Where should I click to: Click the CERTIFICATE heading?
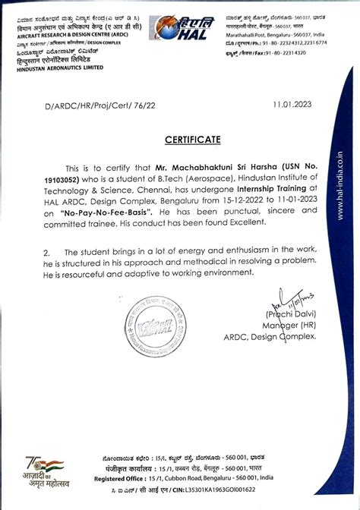click(x=180, y=139)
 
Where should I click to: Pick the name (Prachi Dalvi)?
click(x=290, y=314)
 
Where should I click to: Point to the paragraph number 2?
click(x=46, y=251)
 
